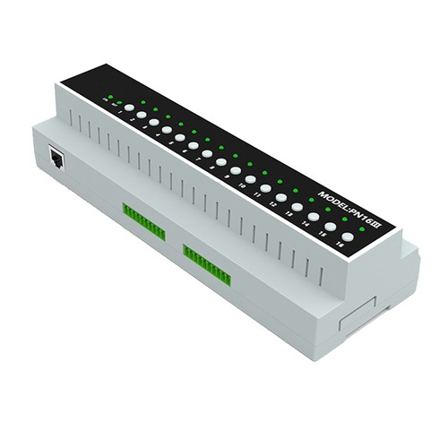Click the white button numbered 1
coord(129,108)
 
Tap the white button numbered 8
coord(221,162)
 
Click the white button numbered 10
coord(251,179)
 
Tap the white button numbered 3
coord(154,122)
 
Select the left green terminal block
coord(143,221)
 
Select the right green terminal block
coord(207,265)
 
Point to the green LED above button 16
coord(362,228)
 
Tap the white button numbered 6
coord(194,145)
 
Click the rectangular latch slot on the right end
coord(359,314)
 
